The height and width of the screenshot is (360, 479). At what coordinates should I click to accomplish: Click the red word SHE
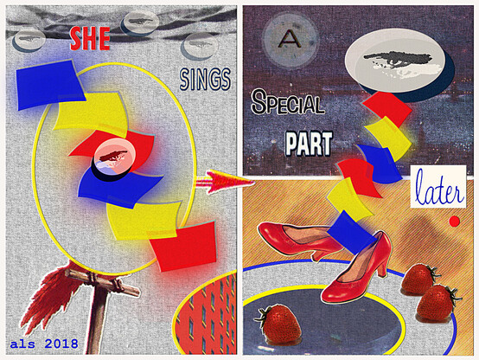[x=90, y=39]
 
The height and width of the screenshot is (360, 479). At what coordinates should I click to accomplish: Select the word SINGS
[x=205, y=80]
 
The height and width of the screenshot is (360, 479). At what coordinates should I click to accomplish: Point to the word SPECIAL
[x=287, y=102]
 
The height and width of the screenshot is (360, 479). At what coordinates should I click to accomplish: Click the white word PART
[x=309, y=144]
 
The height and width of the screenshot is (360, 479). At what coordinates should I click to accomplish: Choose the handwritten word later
[x=438, y=188]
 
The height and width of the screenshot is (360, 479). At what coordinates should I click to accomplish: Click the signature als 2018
[x=44, y=344]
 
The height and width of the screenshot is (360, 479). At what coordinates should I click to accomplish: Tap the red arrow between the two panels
[x=225, y=183]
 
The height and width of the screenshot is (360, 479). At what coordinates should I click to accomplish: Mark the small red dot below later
[x=455, y=221]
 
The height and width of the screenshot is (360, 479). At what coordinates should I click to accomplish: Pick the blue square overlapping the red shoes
[x=351, y=233]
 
